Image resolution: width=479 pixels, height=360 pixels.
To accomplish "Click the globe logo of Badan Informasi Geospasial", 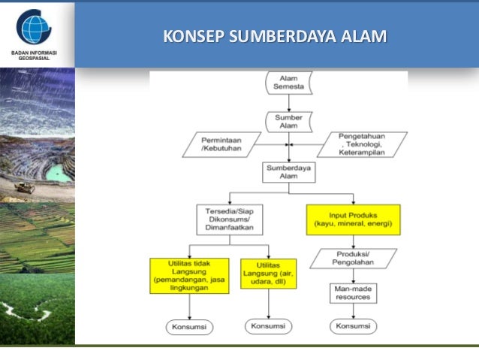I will click(34, 28).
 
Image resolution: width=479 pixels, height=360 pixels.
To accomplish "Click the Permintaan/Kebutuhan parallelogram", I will click(220, 144).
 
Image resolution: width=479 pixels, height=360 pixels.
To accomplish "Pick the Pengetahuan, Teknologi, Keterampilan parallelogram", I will click(361, 144).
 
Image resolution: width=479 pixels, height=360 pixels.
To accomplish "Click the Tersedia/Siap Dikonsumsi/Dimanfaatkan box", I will click(227, 219).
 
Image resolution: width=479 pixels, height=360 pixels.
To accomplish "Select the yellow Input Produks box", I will click(353, 219).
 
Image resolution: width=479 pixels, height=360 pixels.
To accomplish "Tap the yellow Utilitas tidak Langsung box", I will click(188, 276).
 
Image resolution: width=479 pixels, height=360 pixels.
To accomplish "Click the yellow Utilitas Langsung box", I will click(268, 273).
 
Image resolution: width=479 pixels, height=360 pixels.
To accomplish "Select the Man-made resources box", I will click(353, 293).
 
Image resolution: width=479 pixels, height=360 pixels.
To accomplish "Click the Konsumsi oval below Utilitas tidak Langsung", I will click(188, 327).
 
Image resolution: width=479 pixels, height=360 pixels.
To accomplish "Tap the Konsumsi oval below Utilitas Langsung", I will click(268, 326).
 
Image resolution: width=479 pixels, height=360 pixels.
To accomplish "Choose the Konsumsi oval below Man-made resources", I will click(353, 326).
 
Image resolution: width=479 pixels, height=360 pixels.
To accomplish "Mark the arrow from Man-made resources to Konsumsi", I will click(353, 311).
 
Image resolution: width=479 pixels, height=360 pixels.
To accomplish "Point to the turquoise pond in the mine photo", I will click(56, 173).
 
